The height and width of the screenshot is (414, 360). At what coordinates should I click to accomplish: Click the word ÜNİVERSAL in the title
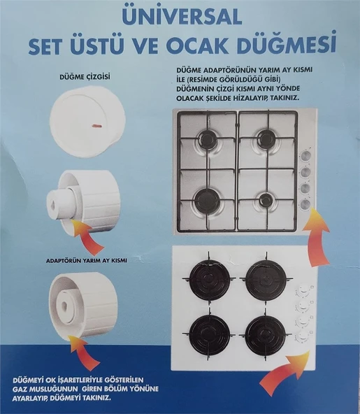pyautogui.click(x=180, y=15)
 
